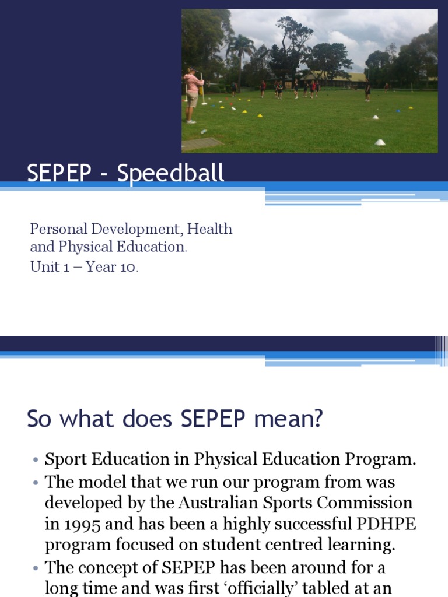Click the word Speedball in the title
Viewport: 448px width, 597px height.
(x=171, y=174)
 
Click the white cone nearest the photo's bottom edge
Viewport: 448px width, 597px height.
(x=380, y=142)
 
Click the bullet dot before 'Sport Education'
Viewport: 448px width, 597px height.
(x=35, y=461)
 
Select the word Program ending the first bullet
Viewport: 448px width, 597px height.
(x=383, y=459)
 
